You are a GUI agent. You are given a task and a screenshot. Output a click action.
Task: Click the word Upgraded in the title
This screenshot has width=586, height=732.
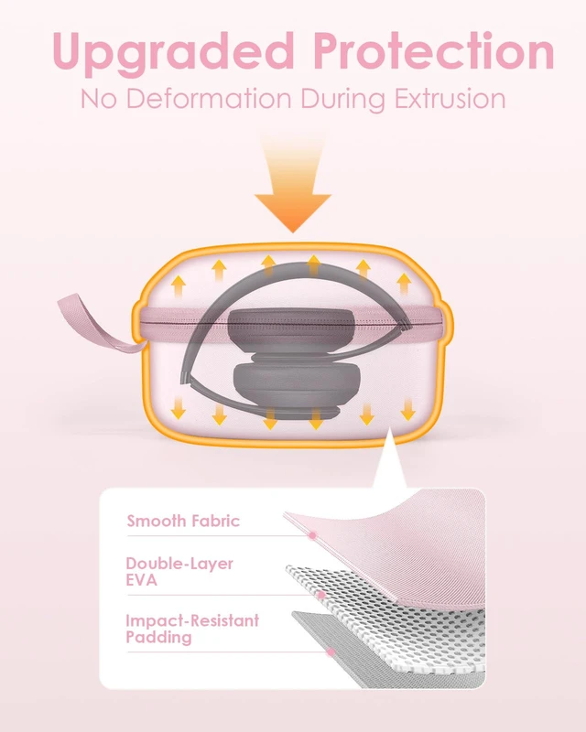click(173, 53)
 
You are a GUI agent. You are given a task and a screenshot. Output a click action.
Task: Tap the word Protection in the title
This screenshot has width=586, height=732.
click(434, 50)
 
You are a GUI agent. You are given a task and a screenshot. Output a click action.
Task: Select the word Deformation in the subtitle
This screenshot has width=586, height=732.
click(210, 99)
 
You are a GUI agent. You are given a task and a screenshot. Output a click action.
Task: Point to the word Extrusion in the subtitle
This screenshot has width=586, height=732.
click(450, 99)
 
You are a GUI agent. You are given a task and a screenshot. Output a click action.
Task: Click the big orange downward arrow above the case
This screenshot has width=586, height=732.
click(293, 187)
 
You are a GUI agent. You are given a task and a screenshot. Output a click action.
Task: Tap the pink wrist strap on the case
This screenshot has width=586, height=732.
click(93, 322)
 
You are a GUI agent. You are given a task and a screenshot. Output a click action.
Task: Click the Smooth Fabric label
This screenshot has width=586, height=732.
click(183, 521)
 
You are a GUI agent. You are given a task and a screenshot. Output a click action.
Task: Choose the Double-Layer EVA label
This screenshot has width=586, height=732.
click(179, 571)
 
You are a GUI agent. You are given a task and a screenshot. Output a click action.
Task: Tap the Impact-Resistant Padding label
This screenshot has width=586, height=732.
click(192, 629)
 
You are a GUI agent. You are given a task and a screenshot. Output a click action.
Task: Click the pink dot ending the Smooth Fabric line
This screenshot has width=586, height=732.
click(312, 535)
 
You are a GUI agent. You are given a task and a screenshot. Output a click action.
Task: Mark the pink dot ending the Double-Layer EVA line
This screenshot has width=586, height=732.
click(321, 595)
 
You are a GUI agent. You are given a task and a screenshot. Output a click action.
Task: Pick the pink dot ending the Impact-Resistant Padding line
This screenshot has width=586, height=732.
click(331, 652)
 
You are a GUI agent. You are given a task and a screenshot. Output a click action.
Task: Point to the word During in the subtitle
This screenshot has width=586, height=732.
click(343, 100)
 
